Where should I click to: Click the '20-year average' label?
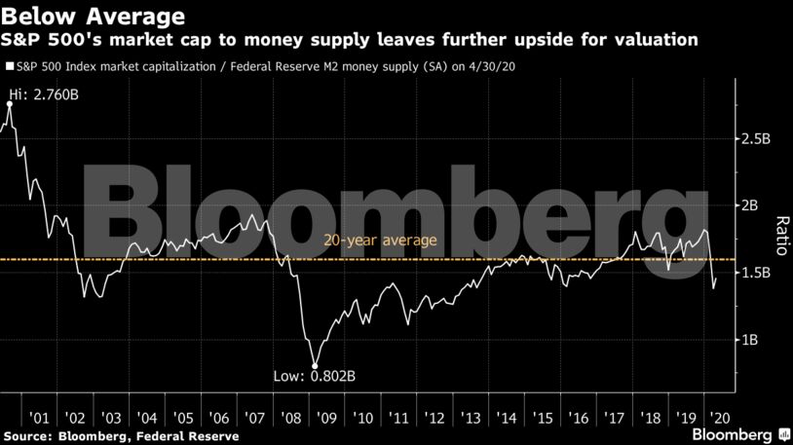[x=368, y=241]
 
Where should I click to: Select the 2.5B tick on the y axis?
[x=756, y=139]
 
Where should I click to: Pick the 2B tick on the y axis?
[x=750, y=206]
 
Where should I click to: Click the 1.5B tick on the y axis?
[x=756, y=274]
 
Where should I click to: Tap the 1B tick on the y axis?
[x=750, y=341]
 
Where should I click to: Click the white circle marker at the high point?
[x=10, y=103]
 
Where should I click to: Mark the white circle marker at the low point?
[x=315, y=367]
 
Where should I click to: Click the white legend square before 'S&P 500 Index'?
[x=10, y=67]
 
